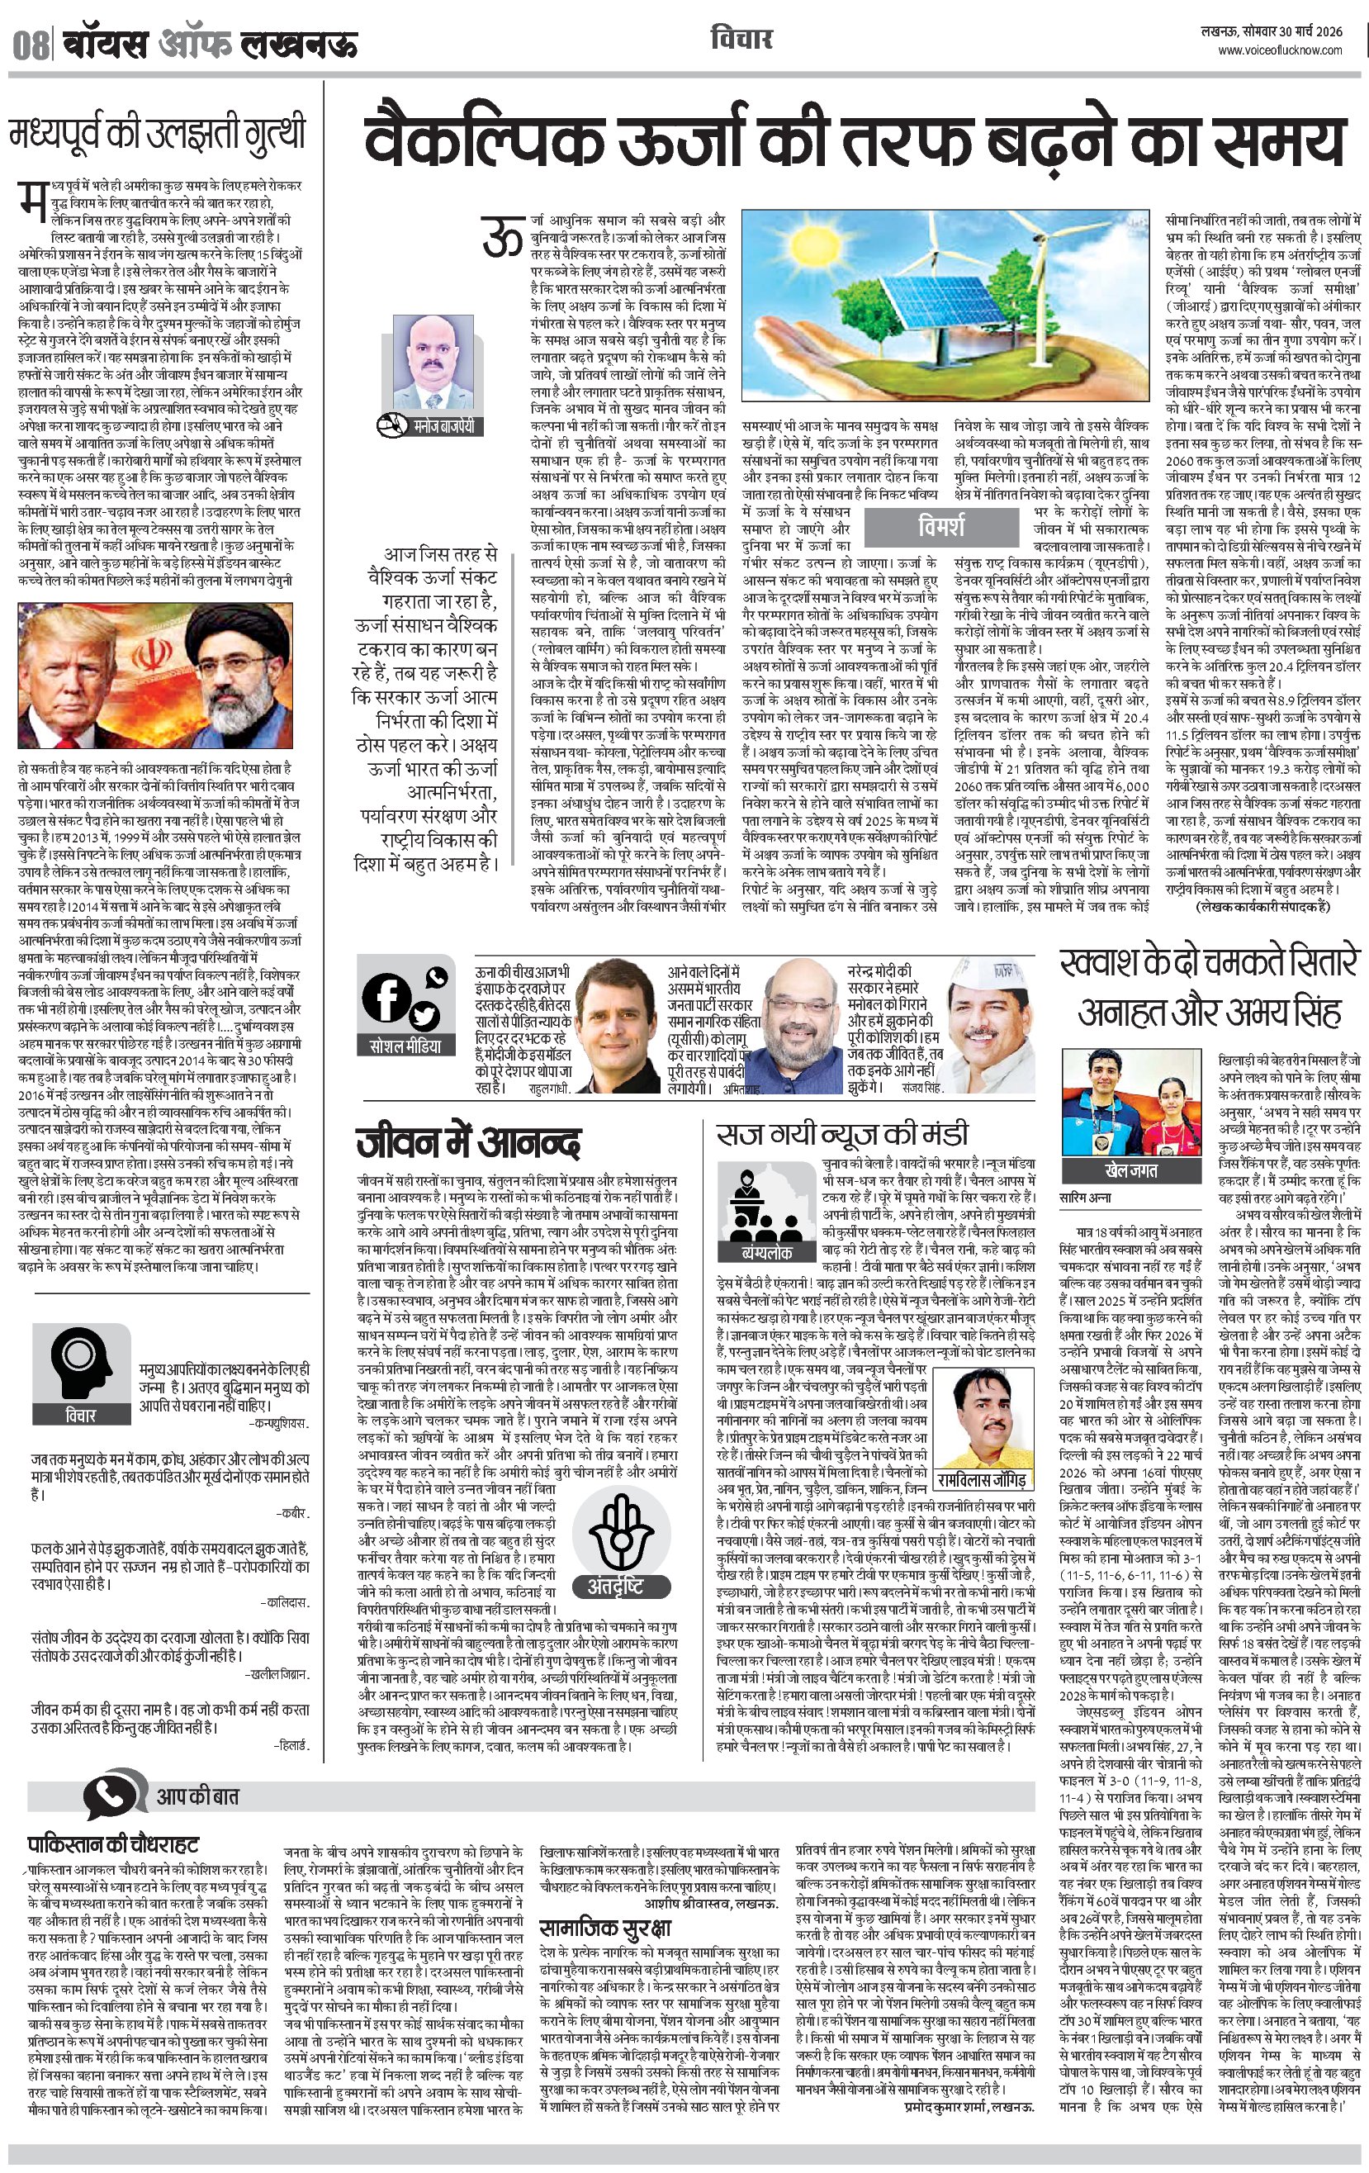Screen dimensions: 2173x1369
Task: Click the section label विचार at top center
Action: pyautogui.click(x=741, y=39)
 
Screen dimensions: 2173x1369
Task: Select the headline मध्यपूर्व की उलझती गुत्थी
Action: pyautogui.click(x=158, y=135)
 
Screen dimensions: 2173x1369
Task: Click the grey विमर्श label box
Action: pyautogui.click(x=940, y=526)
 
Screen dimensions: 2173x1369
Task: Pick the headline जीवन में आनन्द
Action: pyautogui.click(x=467, y=1142)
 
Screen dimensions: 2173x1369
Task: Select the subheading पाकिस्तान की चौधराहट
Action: pyautogui.click(x=113, y=1843)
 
